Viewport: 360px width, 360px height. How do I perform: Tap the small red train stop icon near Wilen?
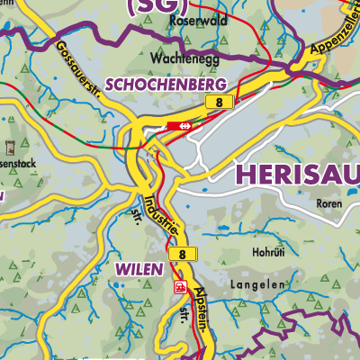[x=180, y=287]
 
